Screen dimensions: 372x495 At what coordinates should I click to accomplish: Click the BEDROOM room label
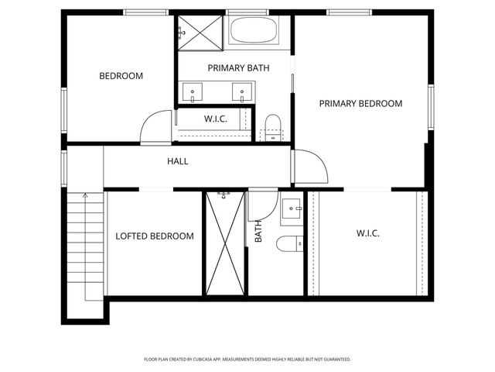click(121, 76)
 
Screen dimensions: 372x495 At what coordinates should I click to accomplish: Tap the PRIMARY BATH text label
click(238, 68)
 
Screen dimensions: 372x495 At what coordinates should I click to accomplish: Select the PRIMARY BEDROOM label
click(360, 103)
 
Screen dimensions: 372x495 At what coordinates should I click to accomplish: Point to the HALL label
click(178, 161)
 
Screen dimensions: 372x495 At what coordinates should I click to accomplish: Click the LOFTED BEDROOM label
click(155, 236)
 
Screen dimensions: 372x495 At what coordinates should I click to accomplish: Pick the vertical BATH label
click(258, 232)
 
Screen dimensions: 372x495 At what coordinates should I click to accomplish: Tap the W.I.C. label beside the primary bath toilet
click(214, 119)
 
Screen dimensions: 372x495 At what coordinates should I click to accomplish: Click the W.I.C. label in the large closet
click(367, 232)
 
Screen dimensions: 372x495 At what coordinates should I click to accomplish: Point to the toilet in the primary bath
click(271, 126)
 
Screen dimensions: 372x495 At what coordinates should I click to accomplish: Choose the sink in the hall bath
click(292, 208)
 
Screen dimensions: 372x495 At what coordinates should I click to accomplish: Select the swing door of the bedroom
click(156, 126)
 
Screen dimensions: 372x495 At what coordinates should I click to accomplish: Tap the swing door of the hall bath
click(264, 204)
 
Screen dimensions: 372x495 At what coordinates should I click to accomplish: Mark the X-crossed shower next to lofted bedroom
click(225, 243)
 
